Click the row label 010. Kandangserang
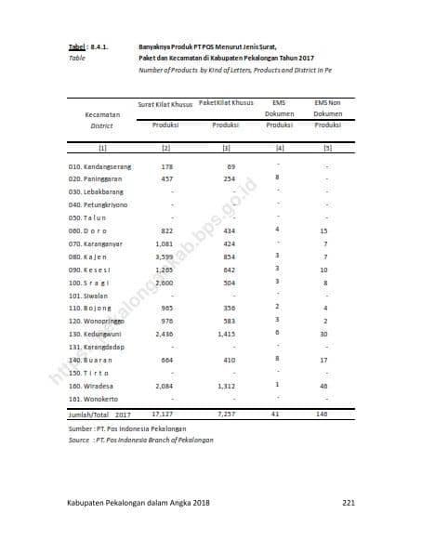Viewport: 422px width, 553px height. [x=99, y=165]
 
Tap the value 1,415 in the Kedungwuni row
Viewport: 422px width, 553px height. [x=227, y=333]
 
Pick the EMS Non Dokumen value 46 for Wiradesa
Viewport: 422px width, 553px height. [x=323, y=385]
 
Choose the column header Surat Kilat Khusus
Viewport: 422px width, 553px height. [x=165, y=103]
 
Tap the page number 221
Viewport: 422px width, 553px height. [x=349, y=503]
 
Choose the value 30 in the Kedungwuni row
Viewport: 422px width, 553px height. [x=324, y=333]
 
